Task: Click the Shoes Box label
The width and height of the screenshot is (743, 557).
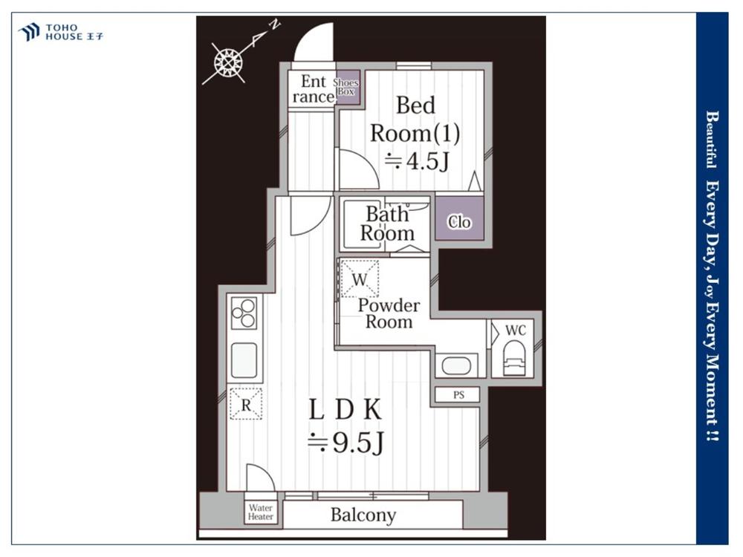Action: click(345, 87)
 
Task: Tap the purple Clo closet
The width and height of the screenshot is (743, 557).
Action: click(460, 218)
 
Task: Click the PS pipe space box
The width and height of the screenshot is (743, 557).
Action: click(458, 394)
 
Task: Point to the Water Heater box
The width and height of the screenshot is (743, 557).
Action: click(260, 512)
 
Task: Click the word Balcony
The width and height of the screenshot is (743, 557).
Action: click(363, 515)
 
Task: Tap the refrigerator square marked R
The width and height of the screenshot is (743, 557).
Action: click(246, 403)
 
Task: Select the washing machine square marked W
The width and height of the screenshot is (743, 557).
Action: click(360, 278)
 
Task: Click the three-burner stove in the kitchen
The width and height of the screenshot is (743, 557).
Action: click(244, 313)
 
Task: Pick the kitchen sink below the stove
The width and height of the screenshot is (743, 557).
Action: click(244, 360)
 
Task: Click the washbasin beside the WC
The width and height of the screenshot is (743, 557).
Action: click(456, 365)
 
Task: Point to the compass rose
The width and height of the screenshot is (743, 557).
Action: click(228, 62)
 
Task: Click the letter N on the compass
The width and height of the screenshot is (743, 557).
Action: click(275, 25)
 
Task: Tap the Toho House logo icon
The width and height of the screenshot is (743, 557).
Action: click(29, 32)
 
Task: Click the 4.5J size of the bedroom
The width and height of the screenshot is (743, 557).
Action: click(417, 161)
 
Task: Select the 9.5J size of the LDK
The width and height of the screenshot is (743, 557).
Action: click(346, 443)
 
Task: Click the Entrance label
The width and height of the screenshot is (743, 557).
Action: click(314, 88)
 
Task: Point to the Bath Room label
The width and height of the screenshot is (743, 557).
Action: click(387, 224)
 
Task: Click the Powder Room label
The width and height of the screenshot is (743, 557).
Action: click(389, 313)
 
